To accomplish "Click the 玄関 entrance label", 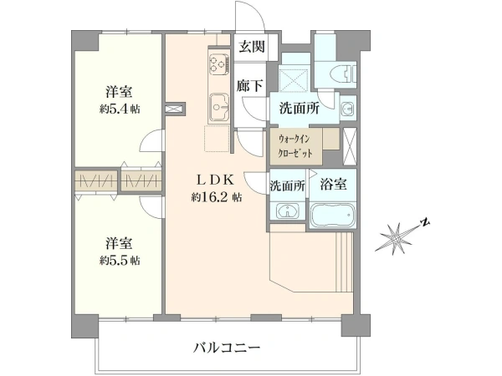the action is [253, 47].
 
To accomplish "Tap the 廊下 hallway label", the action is [249, 86].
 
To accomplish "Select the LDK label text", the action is [216, 180].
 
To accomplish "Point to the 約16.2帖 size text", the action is [217, 197].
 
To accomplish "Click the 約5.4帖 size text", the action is [120, 109].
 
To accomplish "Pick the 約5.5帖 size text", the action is [120, 261].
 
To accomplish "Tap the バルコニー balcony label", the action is [227, 348].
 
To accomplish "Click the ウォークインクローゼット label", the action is [295, 146].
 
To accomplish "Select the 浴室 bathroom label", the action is [333, 185].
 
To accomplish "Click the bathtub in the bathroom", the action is [333, 216].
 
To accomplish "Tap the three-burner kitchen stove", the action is [219, 64].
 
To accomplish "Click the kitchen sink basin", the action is [219, 107].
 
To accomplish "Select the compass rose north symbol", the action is [395, 238].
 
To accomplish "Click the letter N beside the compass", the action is [425, 222].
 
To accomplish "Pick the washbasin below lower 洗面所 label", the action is [288, 211].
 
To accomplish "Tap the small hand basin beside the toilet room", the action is [347, 108].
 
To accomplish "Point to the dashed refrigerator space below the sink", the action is [217, 139].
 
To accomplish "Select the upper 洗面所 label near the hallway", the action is [300, 109].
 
